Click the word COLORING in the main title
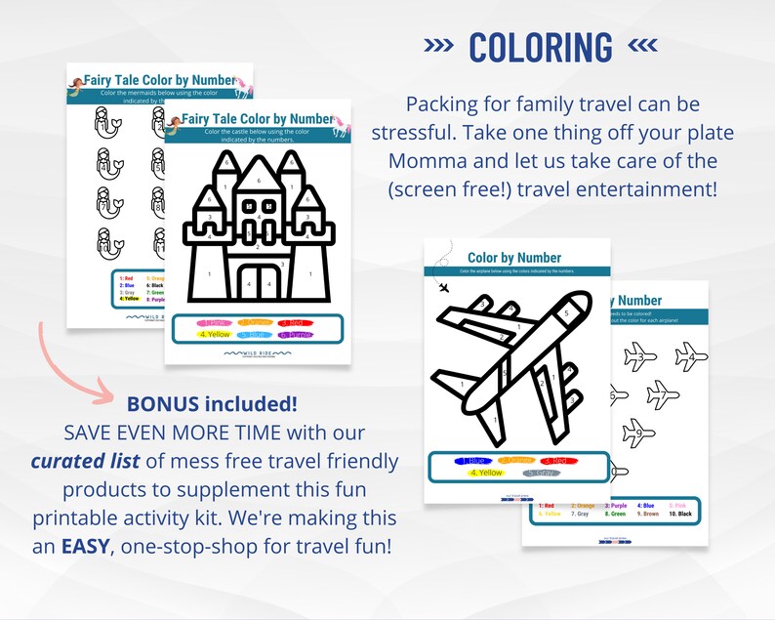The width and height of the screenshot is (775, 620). point(541,48)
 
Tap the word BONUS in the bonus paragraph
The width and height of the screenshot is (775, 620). point(163,403)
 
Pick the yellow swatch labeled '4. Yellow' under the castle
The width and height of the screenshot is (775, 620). point(215,335)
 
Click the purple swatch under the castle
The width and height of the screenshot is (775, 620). point(297,335)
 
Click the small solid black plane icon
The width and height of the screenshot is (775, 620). point(445,287)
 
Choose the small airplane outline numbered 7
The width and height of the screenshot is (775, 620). point(663,395)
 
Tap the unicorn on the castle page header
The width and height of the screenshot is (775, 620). point(340,123)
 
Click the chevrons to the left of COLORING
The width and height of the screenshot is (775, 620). point(439,48)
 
